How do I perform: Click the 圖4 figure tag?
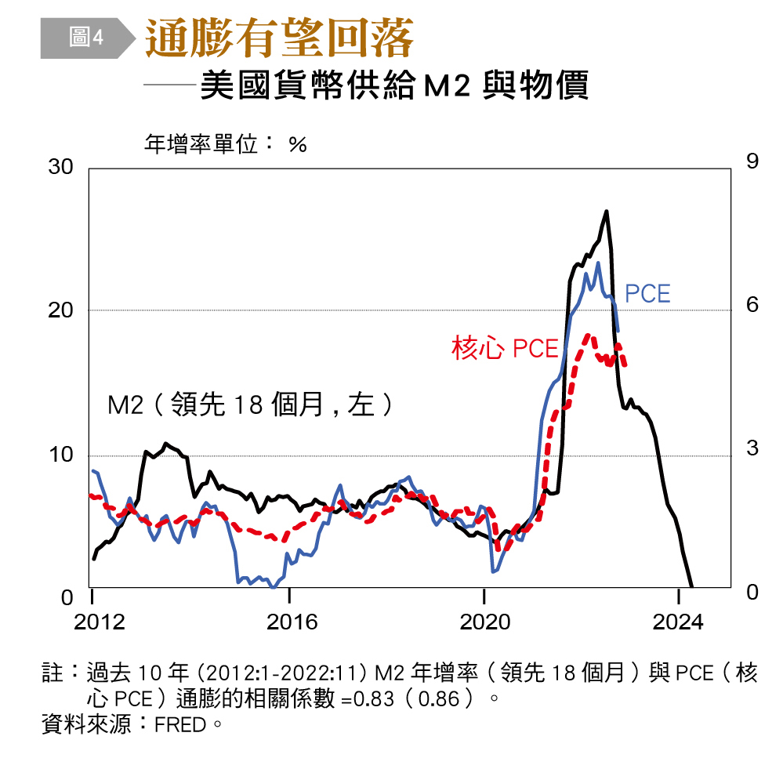point(85,37)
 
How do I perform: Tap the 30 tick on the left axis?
point(60,167)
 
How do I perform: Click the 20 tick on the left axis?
point(60,310)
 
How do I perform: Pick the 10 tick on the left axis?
point(60,455)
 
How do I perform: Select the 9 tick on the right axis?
point(752,161)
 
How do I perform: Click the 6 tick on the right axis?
point(752,304)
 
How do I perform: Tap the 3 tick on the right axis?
point(752,448)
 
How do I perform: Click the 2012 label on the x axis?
point(100,622)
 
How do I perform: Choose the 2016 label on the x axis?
point(292,622)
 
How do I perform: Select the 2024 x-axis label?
point(678,622)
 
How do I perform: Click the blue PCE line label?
point(647,294)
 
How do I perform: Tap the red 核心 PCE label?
point(505,348)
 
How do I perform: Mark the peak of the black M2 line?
point(606,212)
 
